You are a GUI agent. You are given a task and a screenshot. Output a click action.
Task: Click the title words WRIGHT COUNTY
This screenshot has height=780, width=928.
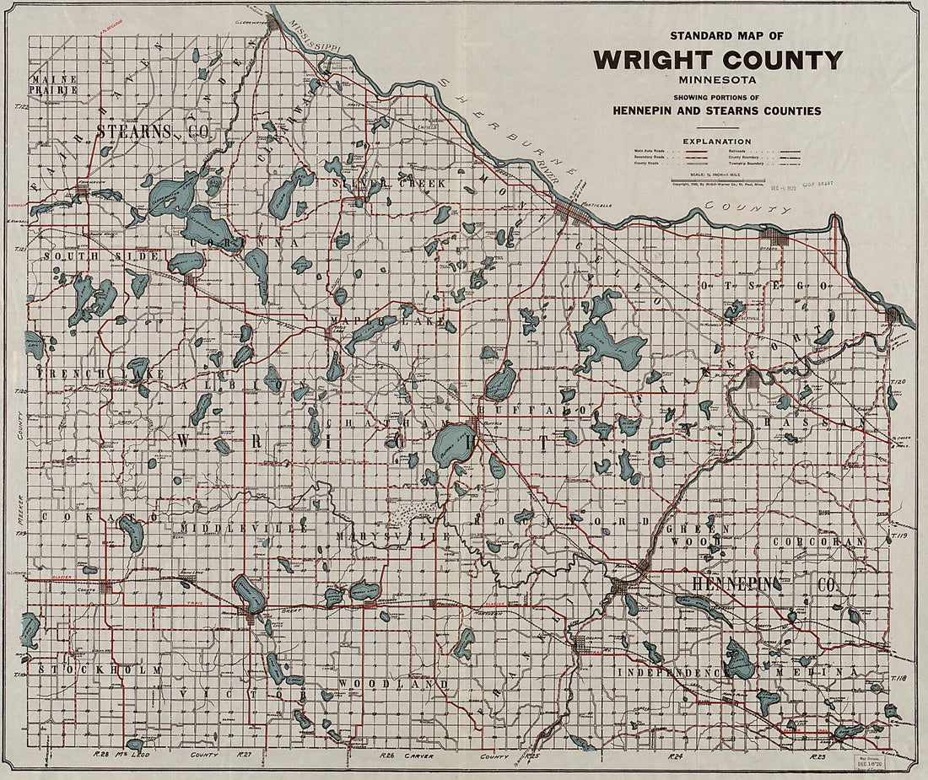tap(717, 61)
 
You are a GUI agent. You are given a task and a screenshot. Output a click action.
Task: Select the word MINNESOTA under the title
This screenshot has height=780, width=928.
tap(717, 80)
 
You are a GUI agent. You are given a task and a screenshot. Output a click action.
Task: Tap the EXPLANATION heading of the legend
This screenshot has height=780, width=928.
tap(717, 141)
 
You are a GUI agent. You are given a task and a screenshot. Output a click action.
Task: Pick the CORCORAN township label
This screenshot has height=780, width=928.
tap(823, 541)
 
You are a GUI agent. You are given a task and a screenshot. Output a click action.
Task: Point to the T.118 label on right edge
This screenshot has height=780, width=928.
tap(897, 677)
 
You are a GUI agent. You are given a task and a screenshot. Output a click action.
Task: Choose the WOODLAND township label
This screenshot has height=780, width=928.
tap(392, 684)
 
